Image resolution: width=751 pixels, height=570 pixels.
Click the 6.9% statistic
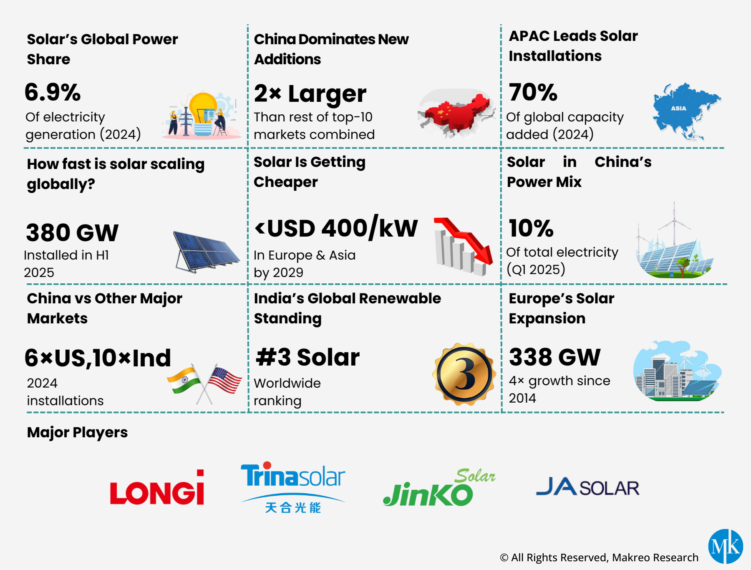click(x=53, y=92)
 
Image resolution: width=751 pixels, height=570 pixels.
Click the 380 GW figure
click(x=72, y=232)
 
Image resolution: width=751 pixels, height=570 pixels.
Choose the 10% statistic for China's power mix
click(x=531, y=228)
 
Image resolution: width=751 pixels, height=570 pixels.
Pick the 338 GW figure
click(x=554, y=357)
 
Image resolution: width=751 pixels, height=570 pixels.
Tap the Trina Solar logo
click(x=293, y=486)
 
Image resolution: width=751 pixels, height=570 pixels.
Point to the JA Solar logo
click(x=587, y=487)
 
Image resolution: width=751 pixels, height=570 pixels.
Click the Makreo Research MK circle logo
click(x=726, y=546)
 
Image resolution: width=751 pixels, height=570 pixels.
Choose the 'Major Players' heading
click(x=77, y=432)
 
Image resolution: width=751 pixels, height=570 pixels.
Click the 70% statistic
click(x=533, y=92)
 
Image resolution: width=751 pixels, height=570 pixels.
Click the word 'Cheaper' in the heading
click(x=286, y=182)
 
